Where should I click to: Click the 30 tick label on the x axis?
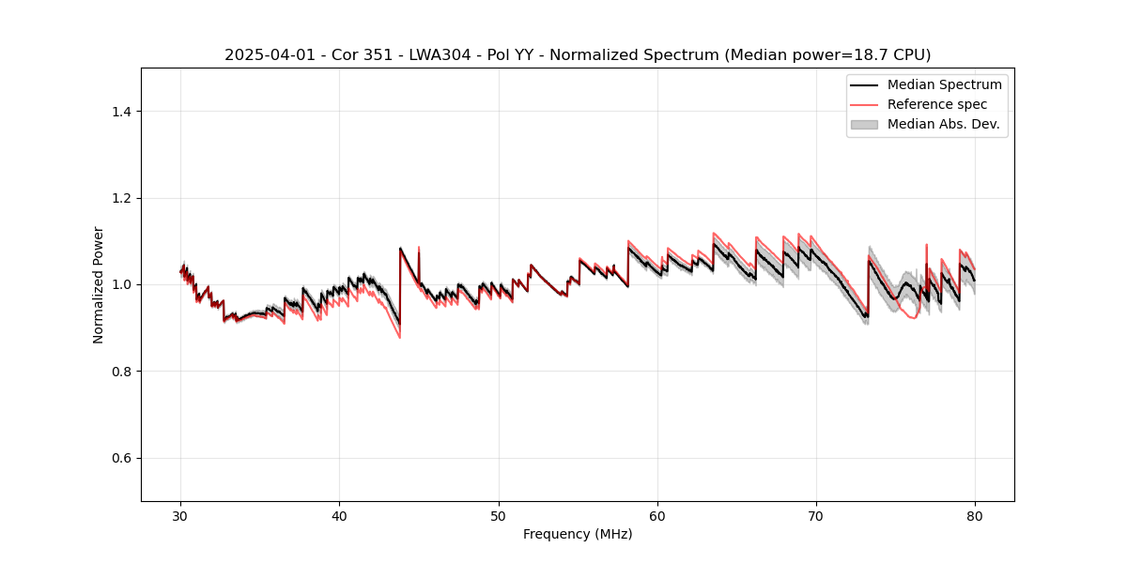[181, 516]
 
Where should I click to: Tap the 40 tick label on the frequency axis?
[340, 516]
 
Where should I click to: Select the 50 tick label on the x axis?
[499, 516]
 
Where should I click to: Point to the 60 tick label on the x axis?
[657, 516]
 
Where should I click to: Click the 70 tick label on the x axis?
[816, 516]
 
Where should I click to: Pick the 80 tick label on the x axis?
[975, 516]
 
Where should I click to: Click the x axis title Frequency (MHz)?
[578, 535]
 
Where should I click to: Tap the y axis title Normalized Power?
[99, 284]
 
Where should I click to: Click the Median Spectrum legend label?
[944, 84]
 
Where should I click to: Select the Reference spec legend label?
[936, 104]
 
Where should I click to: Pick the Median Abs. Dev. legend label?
[943, 124]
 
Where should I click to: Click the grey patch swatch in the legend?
[864, 124]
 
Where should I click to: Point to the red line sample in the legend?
[864, 104]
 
